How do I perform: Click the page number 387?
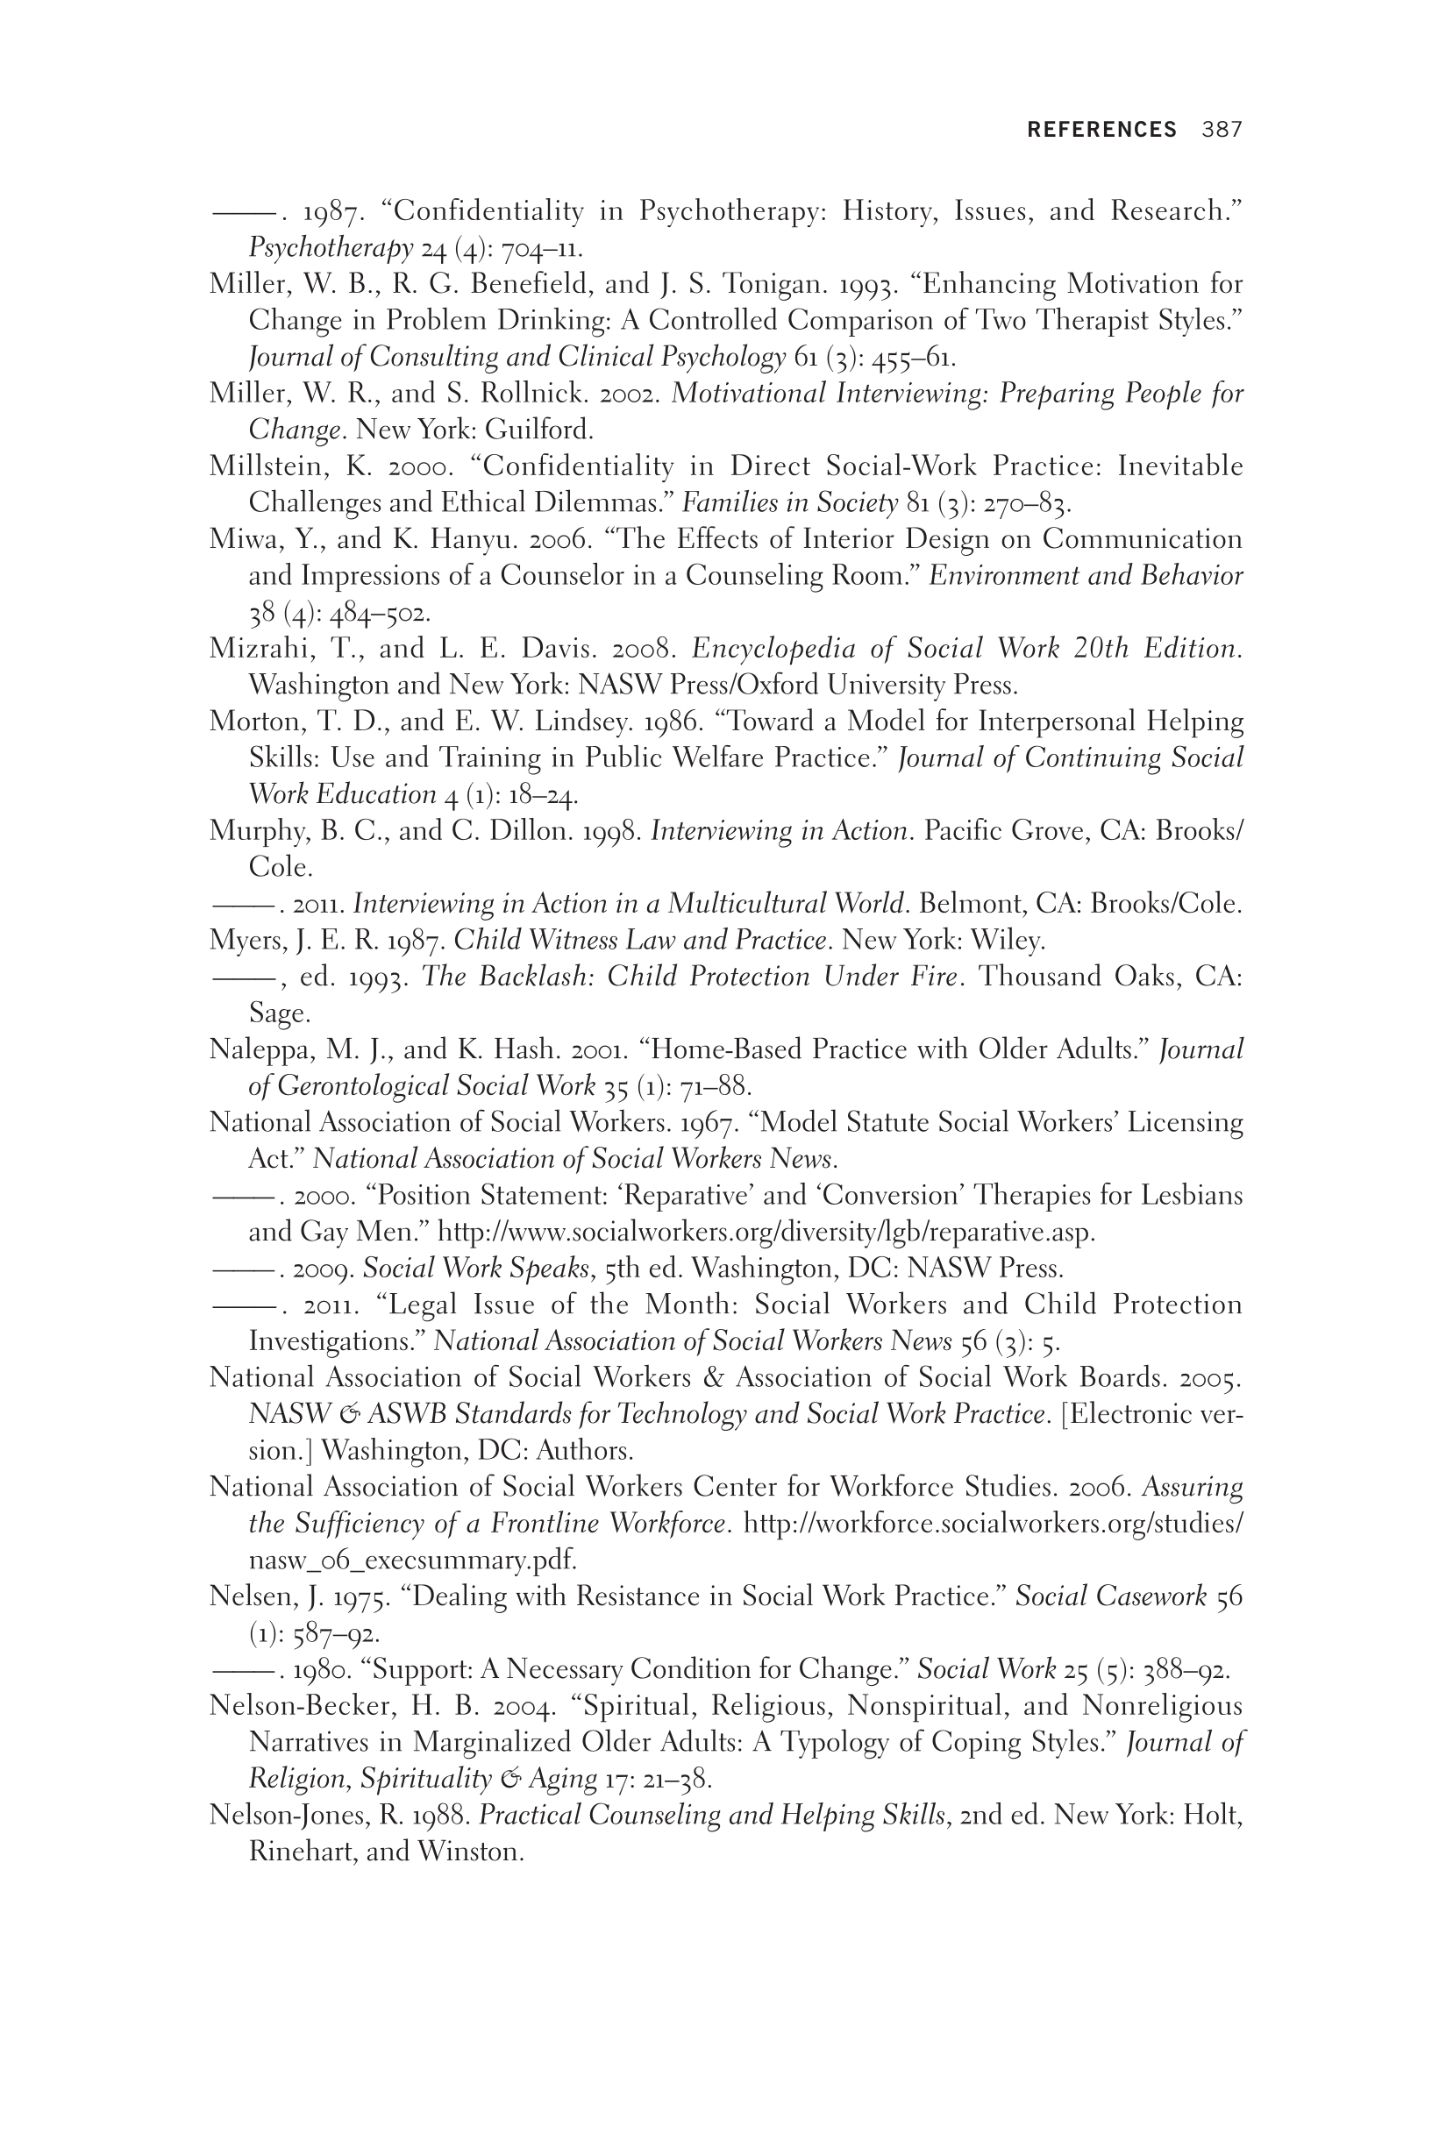[1222, 130]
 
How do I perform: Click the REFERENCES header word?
[1101, 130]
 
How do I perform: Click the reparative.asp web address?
[766, 1233]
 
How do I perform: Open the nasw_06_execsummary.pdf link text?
[412, 1560]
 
